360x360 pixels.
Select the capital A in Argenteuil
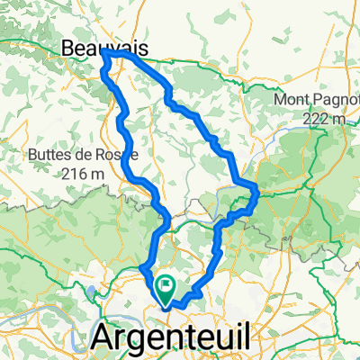pyautogui.click(x=105, y=337)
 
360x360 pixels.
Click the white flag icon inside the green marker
pyautogui.click(x=166, y=287)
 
